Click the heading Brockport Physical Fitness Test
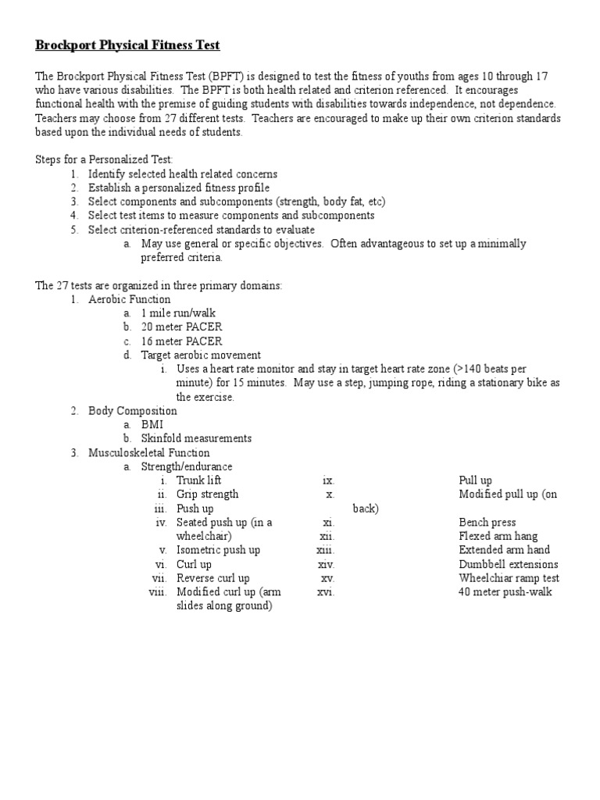pos(128,45)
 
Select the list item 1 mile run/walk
pos(180,313)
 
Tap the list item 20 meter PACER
pos(181,327)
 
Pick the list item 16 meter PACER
pos(181,341)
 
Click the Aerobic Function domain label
pos(129,299)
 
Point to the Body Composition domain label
pos(132,411)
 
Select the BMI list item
pos(152,425)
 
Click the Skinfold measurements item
pos(196,439)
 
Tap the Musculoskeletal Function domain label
pos(148,453)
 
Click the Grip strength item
pos(207,495)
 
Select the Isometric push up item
pos(218,550)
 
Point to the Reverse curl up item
pos(213,578)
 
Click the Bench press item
pos(487,523)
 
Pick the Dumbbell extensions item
pos(509,564)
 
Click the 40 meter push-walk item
pos(505,592)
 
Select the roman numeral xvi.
pos(326,592)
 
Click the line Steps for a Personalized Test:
pos(105,160)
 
